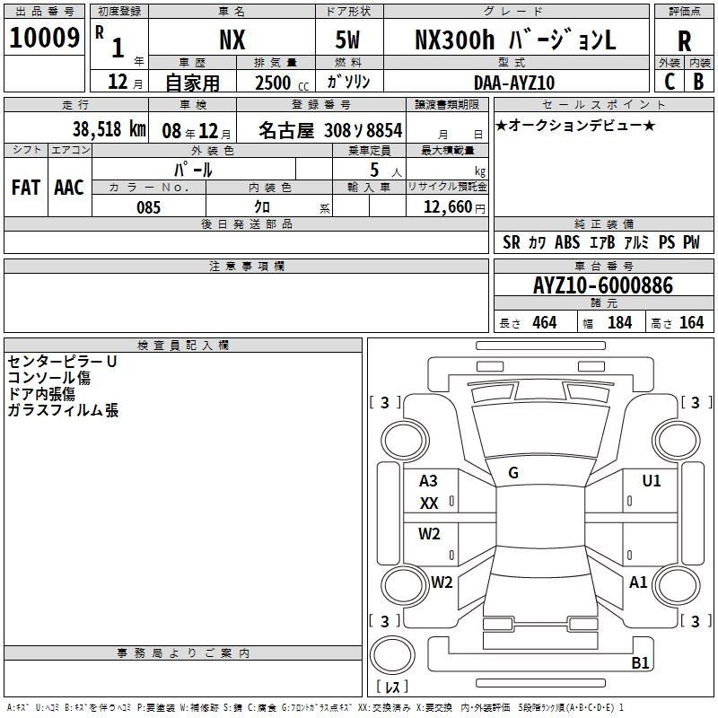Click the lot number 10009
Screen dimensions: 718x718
click(45, 39)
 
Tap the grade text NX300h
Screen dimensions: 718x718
click(450, 39)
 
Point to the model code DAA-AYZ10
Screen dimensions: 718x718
click(514, 83)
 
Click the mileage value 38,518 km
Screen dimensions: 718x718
click(109, 129)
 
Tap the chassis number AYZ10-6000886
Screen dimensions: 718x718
click(602, 285)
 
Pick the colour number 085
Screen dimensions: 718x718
click(148, 207)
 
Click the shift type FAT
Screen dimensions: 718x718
click(25, 187)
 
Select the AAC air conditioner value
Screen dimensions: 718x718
click(69, 187)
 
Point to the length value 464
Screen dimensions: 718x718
click(544, 322)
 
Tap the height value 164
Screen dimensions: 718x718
click(691, 322)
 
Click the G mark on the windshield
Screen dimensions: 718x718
click(513, 473)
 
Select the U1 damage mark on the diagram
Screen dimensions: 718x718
click(652, 481)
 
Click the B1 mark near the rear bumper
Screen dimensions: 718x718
click(640, 663)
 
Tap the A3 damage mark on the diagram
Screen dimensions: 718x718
click(429, 481)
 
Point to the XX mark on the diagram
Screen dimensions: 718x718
click(429, 503)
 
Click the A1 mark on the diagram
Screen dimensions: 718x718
click(638, 582)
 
